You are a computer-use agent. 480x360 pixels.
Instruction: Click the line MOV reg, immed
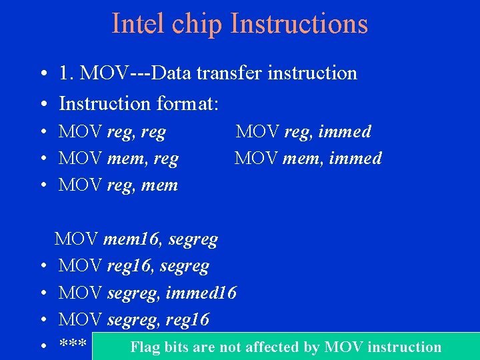coord(303,132)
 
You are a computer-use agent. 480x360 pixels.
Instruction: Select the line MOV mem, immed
coord(307,159)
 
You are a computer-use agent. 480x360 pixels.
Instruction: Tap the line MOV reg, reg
coord(112,132)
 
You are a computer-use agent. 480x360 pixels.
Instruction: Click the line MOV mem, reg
coord(119,159)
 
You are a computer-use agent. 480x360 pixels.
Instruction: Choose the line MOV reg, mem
coord(118,185)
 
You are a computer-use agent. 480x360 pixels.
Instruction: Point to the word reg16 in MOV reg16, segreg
coord(131,266)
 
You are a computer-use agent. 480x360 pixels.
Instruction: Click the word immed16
coord(201,293)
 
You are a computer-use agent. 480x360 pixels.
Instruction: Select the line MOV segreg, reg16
coord(133,320)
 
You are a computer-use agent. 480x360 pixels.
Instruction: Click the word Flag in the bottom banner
coord(145,347)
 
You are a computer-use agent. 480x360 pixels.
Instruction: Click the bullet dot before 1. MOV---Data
coord(42,74)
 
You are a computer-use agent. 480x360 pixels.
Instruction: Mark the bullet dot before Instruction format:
coord(42,105)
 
